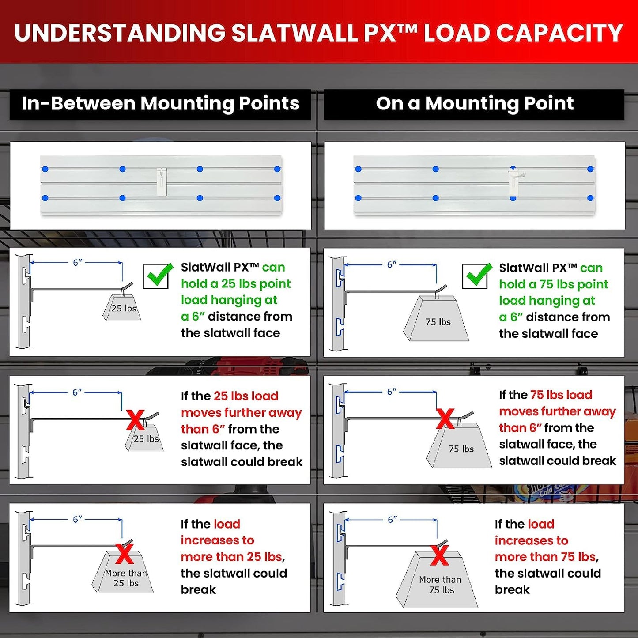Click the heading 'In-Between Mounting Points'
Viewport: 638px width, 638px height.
click(x=160, y=103)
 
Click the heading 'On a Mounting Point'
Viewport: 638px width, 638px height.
click(x=475, y=103)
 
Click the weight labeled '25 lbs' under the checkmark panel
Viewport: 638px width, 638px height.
click(x=122, y=308)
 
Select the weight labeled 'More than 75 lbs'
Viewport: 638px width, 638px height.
click(x=437, y=580)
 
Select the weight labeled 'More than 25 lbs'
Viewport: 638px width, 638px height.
click(x=123, y=572)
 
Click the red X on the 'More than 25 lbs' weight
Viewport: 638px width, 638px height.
click(x=125, y=554)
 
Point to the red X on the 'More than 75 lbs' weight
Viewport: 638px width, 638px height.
click(x=440, y=555)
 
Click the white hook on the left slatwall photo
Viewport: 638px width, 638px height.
click(x=161, y=182)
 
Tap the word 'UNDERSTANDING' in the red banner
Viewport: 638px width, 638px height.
click(x=120, y=33)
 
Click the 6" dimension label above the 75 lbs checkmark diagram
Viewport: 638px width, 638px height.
click(x=392, y=265)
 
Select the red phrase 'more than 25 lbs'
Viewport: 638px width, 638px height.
click(x=231, y=557)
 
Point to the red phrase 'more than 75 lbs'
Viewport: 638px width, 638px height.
click(x=545, y=557)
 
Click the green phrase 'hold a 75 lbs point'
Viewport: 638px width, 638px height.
click(x=554, y=284)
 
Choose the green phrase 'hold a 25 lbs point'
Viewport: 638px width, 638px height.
click(x=236, y=284)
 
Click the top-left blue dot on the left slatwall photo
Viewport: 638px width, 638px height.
click(x=45, y=169)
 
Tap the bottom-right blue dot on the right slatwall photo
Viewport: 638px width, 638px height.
click(x=590, y=198)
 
